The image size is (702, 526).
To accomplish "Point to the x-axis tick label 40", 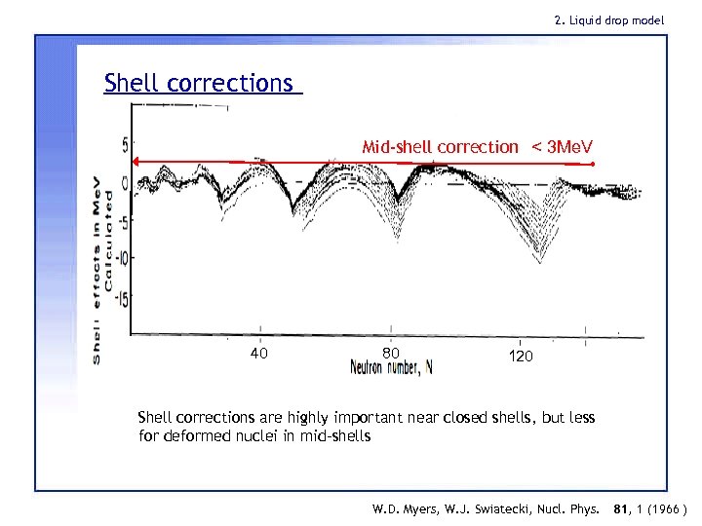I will point(258,353).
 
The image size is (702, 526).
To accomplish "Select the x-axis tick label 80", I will point(390,353).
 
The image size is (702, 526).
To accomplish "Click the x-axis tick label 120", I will point(521,357).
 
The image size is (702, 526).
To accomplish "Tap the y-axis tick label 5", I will point(125,145).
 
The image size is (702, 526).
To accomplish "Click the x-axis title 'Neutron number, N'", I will point(391,368).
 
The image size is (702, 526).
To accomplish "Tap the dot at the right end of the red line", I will point(594,165).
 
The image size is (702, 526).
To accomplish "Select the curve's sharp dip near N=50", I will point(292,209).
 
